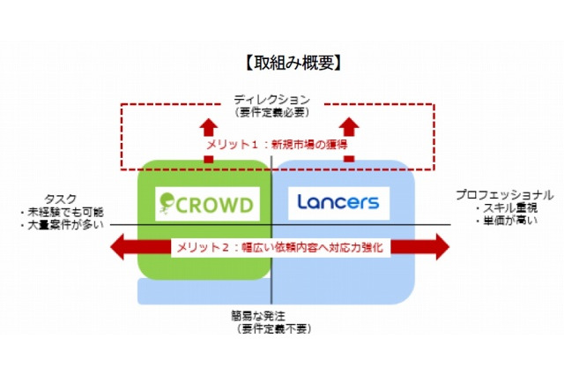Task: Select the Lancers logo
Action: pos(338,202)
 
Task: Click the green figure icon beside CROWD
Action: pos(167,204)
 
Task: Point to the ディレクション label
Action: pos(274,100)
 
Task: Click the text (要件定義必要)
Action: pos(274,112)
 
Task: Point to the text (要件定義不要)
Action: pos(274,327)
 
